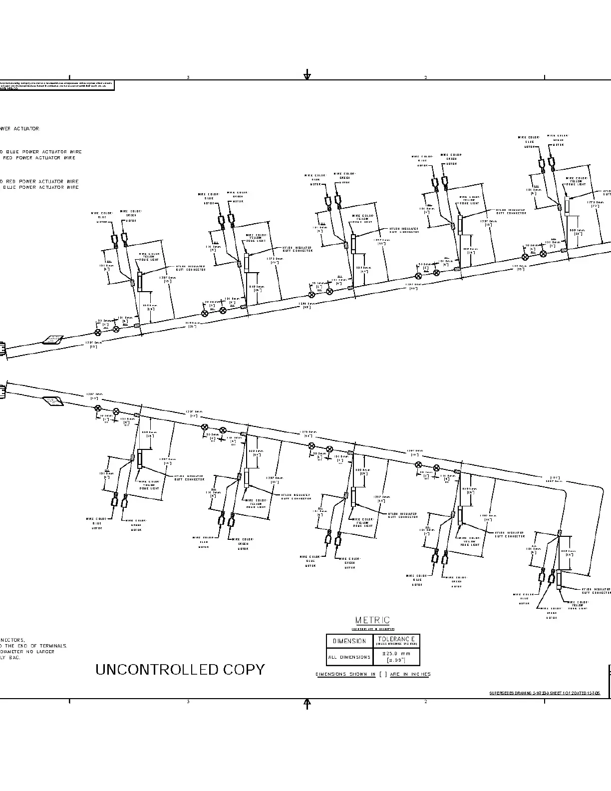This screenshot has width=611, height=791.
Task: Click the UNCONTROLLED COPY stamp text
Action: pyautogui.click(x=180, y=670)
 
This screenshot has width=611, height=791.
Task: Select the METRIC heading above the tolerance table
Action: pyautogui.click(x=373, y=620)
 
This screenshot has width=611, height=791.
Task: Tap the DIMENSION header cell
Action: pyautogui.click(x=349, y=641)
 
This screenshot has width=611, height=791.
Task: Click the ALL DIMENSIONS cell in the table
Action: pyautogui.click(x=349, y=657)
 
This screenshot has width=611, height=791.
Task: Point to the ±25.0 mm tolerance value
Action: pyautogui.click(x=396, y=654)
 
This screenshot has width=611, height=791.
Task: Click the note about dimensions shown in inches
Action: pyautogui.click(x=373, y=674)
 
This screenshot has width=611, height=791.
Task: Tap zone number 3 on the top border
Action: pyautogui.click(x=188, y=77)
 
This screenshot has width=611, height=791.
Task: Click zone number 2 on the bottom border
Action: pyautogui.click(x=426, y=702)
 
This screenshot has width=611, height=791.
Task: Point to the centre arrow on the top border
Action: pyautogui.click(x=307, y=75)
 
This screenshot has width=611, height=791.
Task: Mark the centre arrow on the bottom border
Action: pyautogui.click(x=307, y=704)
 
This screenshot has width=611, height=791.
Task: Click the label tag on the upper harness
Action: pyautogui.click(x=52, y=340)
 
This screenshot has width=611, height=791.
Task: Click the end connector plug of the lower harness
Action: pyautogui.click(x=3, y=390)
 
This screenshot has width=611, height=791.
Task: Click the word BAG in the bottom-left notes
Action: pyautogui.click(x=15, y=657)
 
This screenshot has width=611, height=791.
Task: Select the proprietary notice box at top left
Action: pyautogui.click(x=56, y=85)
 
